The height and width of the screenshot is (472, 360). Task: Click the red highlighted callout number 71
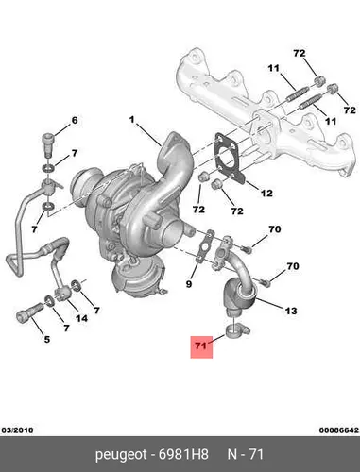tap(201, 346)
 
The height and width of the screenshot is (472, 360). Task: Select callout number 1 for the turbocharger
tap(132, 120)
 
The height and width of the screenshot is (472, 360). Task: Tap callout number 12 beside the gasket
tap(266, 193)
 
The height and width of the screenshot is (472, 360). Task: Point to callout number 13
tap(291, 311)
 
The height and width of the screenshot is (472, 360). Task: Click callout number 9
tap(189, 284)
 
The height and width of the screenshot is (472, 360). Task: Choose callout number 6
tap(75, 120)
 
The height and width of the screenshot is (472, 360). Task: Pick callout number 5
tap(46, 339)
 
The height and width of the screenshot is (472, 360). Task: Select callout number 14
tap(81, 318)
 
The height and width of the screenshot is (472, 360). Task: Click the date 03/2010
tap(17, 430)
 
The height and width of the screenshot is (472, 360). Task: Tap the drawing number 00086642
tap(339, 430)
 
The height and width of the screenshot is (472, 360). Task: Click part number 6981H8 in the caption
tap(183, 454)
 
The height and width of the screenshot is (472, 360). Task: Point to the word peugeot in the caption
tap(121, 455)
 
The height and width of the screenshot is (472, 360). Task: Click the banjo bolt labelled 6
tap(48, 144)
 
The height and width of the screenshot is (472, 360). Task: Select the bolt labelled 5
tap(29, 312)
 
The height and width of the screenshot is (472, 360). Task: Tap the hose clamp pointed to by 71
tap(237, 331)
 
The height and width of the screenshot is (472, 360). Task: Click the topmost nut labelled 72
tap(318, 81)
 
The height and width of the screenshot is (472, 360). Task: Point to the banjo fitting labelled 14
tap(62, 294)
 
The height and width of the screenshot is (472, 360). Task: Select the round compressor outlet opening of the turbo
tap(173, 233)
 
